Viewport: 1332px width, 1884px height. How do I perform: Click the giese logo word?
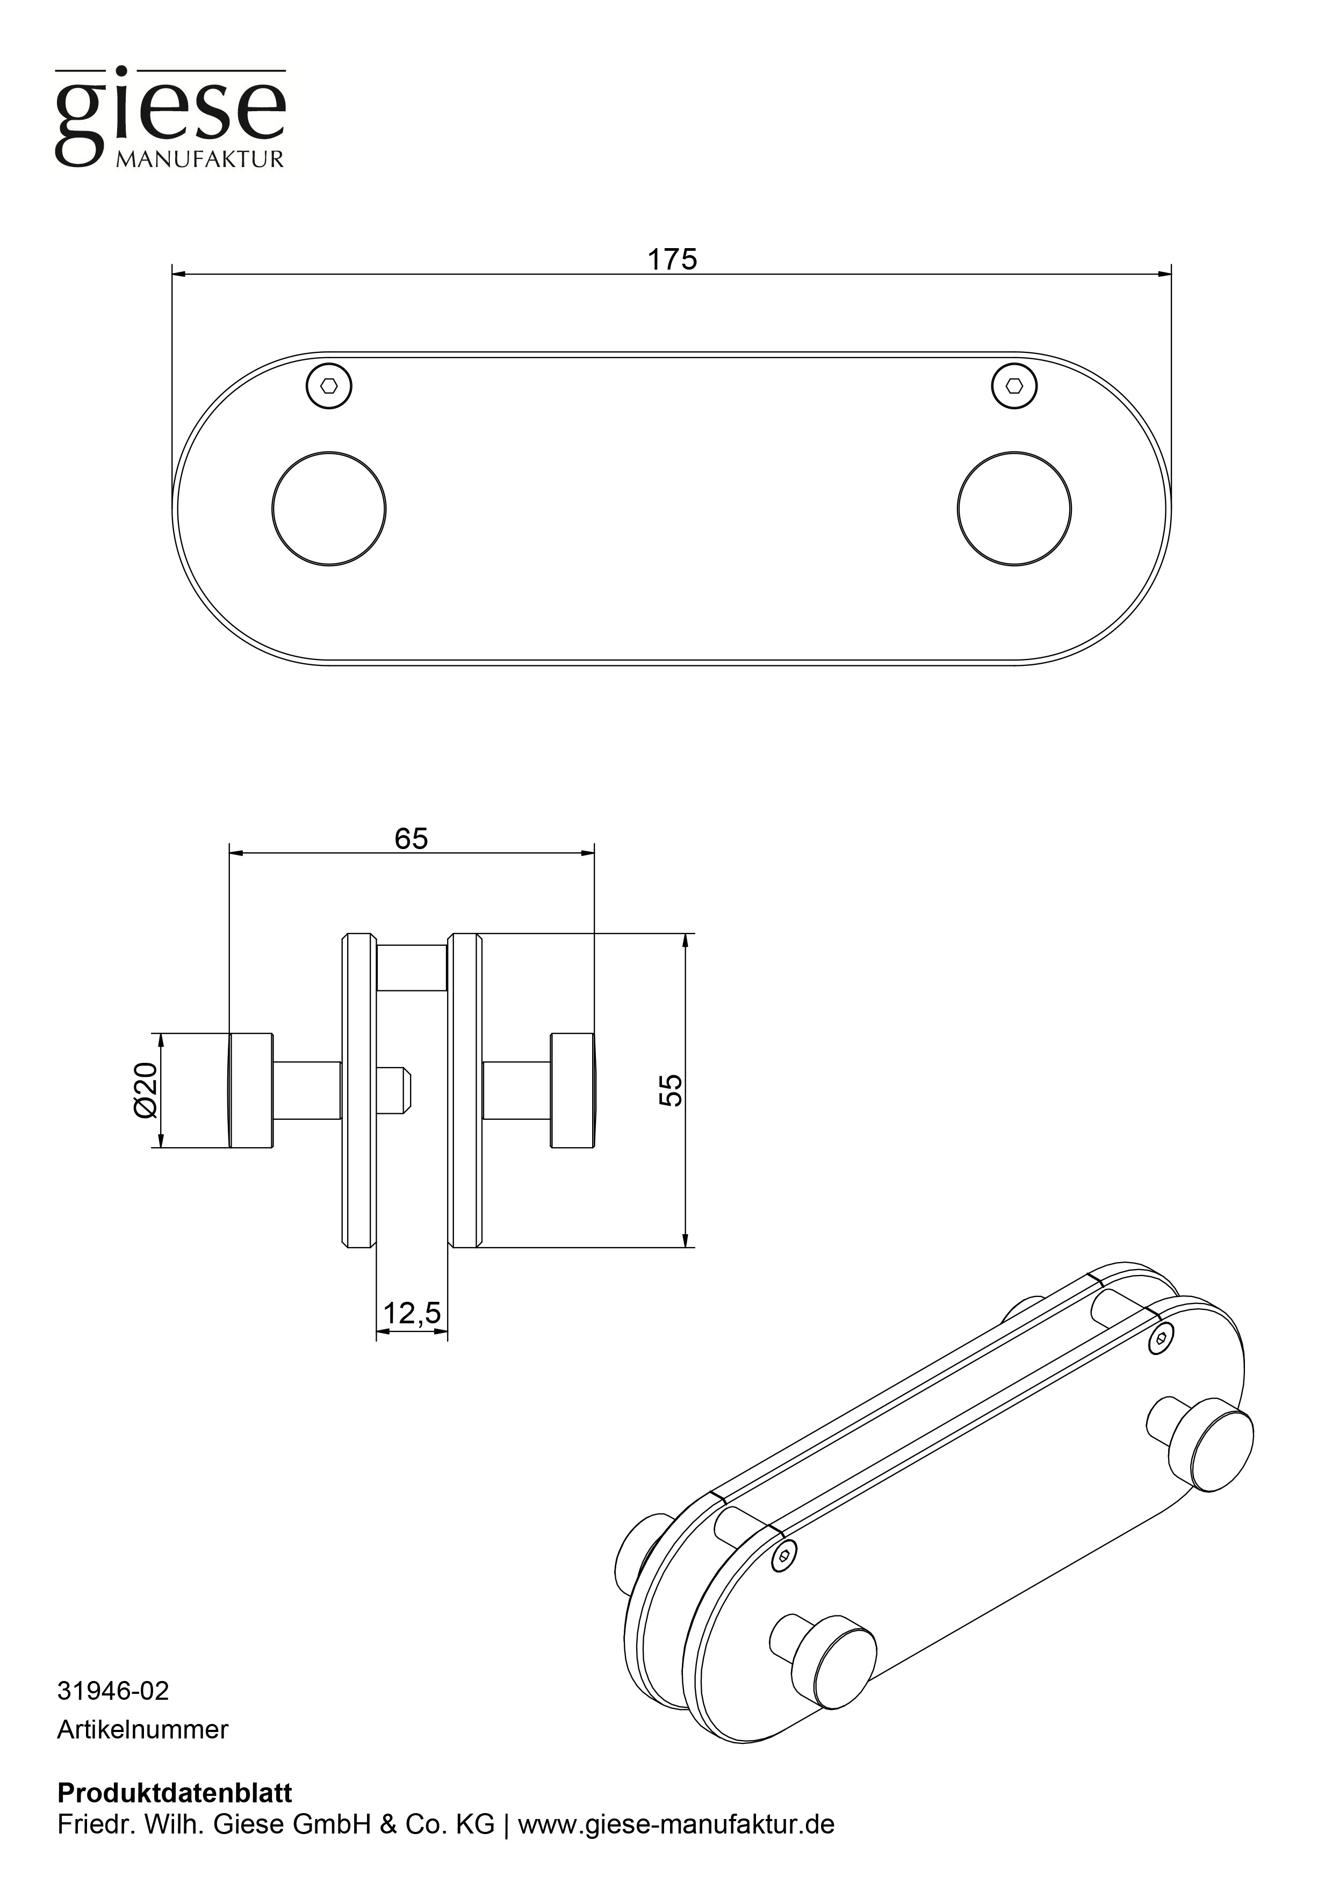pyautogui.click(x=170, y=115)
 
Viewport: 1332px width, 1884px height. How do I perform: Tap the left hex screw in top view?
pyautogui.click(x=328, y=385)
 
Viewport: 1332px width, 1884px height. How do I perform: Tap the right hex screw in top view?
pyautogui.click(x=1014, y=385)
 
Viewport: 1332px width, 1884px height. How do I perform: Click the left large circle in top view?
pyautogui.click(x=328, y=508)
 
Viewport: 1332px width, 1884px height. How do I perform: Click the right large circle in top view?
pyautogui.click(x=1014, y=508)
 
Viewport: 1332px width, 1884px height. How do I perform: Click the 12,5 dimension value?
pyautogui.click(x=412, y=1314)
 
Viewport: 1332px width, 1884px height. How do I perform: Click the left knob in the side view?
pyautogui.click(x=250, y=1090)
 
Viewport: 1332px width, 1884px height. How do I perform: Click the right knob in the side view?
pyautogui.click(x=573, y=1090)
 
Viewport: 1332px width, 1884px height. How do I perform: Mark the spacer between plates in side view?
pyautogui.click(x=411, y=967)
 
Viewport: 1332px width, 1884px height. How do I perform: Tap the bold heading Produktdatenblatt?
pyautogui.click(x=174, y=1793)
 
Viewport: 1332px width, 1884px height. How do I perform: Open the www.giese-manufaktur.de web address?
pyautogui.click(x=676, y=1824)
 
